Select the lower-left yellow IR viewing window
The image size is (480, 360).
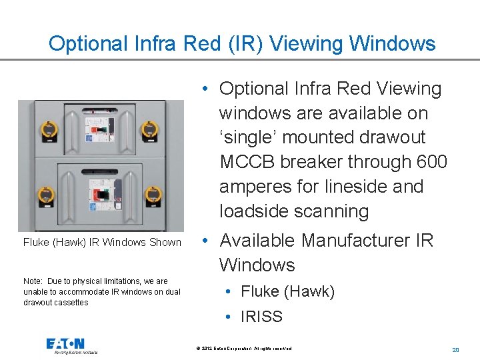47,194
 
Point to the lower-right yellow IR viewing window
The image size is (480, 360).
153,194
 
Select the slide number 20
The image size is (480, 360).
456,349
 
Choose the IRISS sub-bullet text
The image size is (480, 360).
261,317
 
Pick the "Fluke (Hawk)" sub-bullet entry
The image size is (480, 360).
287,291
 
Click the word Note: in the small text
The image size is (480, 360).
34,281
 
